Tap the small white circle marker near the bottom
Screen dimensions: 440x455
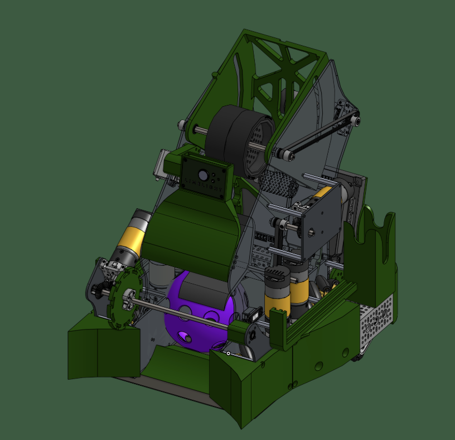pos(228,353)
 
